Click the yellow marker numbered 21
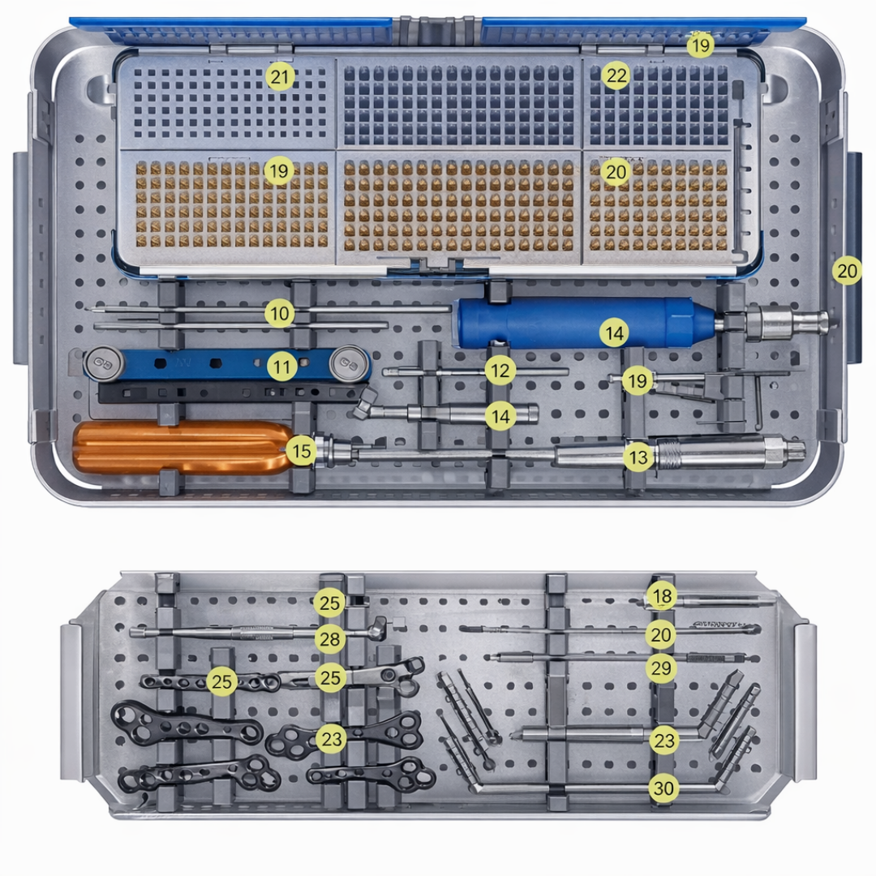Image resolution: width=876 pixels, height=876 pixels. [280, 77]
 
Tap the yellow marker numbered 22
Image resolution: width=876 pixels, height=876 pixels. [616, 77]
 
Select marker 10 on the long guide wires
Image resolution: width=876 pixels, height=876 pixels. [280, 313]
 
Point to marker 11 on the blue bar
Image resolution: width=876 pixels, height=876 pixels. [281, 367]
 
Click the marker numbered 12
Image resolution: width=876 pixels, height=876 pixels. [500, 371]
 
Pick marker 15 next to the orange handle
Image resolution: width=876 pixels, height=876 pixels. [302, 451]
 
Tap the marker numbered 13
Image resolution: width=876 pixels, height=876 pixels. [638, 457]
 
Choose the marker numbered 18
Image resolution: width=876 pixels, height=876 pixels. [662, 597]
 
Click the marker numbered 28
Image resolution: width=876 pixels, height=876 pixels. [329, 639]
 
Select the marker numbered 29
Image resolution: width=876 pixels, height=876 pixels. [661, 668]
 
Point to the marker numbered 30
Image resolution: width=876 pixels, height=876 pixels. [663, 788]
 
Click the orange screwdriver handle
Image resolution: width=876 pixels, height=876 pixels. [178, 448]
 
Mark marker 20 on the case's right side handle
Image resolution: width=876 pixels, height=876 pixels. [847, 271]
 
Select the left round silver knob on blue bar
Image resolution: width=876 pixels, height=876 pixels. [101, 362]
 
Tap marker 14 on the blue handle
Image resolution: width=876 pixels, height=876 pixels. [615, 332]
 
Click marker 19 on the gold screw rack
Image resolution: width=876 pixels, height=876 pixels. [278, 171]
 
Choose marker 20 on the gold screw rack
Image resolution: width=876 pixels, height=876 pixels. [616, 171]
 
